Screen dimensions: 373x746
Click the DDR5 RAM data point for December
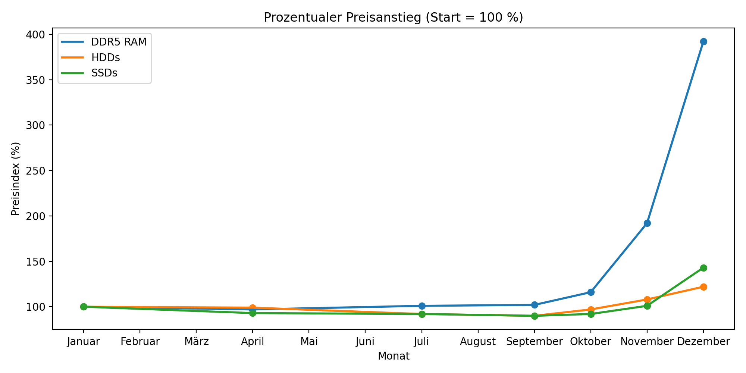click(x=703, y=41)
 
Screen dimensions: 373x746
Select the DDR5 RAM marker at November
click(x=647, y=223)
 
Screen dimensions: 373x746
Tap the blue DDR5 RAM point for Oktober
click(x=591, y=292)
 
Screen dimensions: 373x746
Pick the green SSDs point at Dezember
click(x=703, y=268)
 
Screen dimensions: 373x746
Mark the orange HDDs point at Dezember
click(x=703, y=287)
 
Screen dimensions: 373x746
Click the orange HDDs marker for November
click(x=647, y=300)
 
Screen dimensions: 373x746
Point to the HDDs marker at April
click(x=253, y=308)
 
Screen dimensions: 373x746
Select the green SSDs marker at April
click(x=253, y=313)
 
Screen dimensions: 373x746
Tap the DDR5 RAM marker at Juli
click(x=422, y=306)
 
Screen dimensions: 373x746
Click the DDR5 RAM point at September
click(x=535, y=305)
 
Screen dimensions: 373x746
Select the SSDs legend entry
click(x=104, y=73)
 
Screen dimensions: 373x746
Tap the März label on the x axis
click(x=196, y=342)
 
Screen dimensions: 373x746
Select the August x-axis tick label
click(x=478, y=342)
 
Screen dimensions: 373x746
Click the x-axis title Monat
click(x=394, y=356)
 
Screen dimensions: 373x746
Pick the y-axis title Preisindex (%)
click(x=15, y=179)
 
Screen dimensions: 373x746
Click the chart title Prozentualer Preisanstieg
click(x=394, y=18)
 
